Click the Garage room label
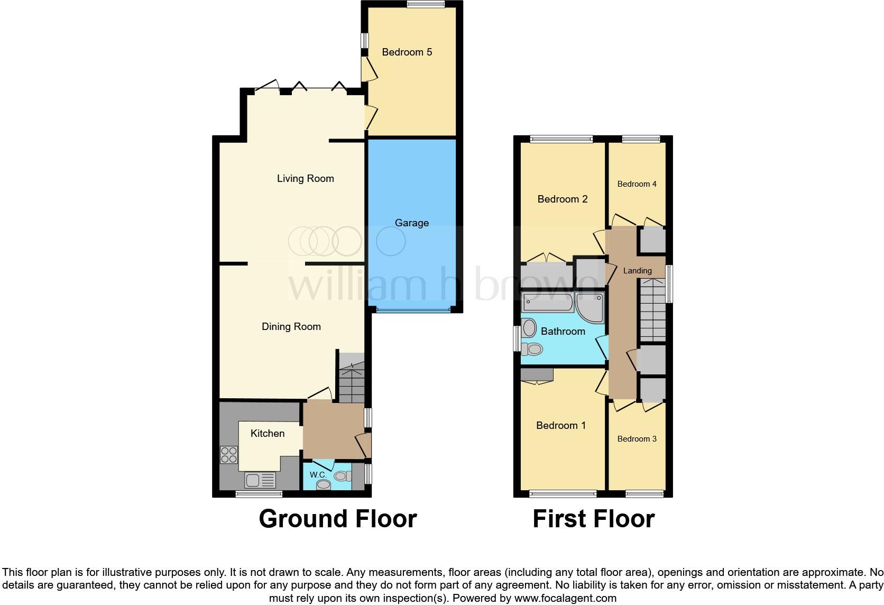(x=412, y=223)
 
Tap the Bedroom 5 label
(x=407, y=52)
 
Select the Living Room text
(x=306, y=179)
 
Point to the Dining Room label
(x=291, y=327)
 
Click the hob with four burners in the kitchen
(x=229, y=455)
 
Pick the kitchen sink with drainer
(x=260, y=480)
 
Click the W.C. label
(x=318, y=475)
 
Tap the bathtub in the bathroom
(x=548, y=302)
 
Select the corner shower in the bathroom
(x=590, y=307)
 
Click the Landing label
(x=637, y=271)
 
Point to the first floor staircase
(x=653, y=310)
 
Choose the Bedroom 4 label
(x=637, y=184)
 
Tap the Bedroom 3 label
(x=637, y=439)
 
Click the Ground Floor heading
(x=338, y=519)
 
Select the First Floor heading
(x=594, y=519)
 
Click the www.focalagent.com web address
(x=566, y=598)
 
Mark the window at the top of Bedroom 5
(x=426, y=4)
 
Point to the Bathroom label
(x=563, y=332)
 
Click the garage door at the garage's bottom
(x=413, y=310)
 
